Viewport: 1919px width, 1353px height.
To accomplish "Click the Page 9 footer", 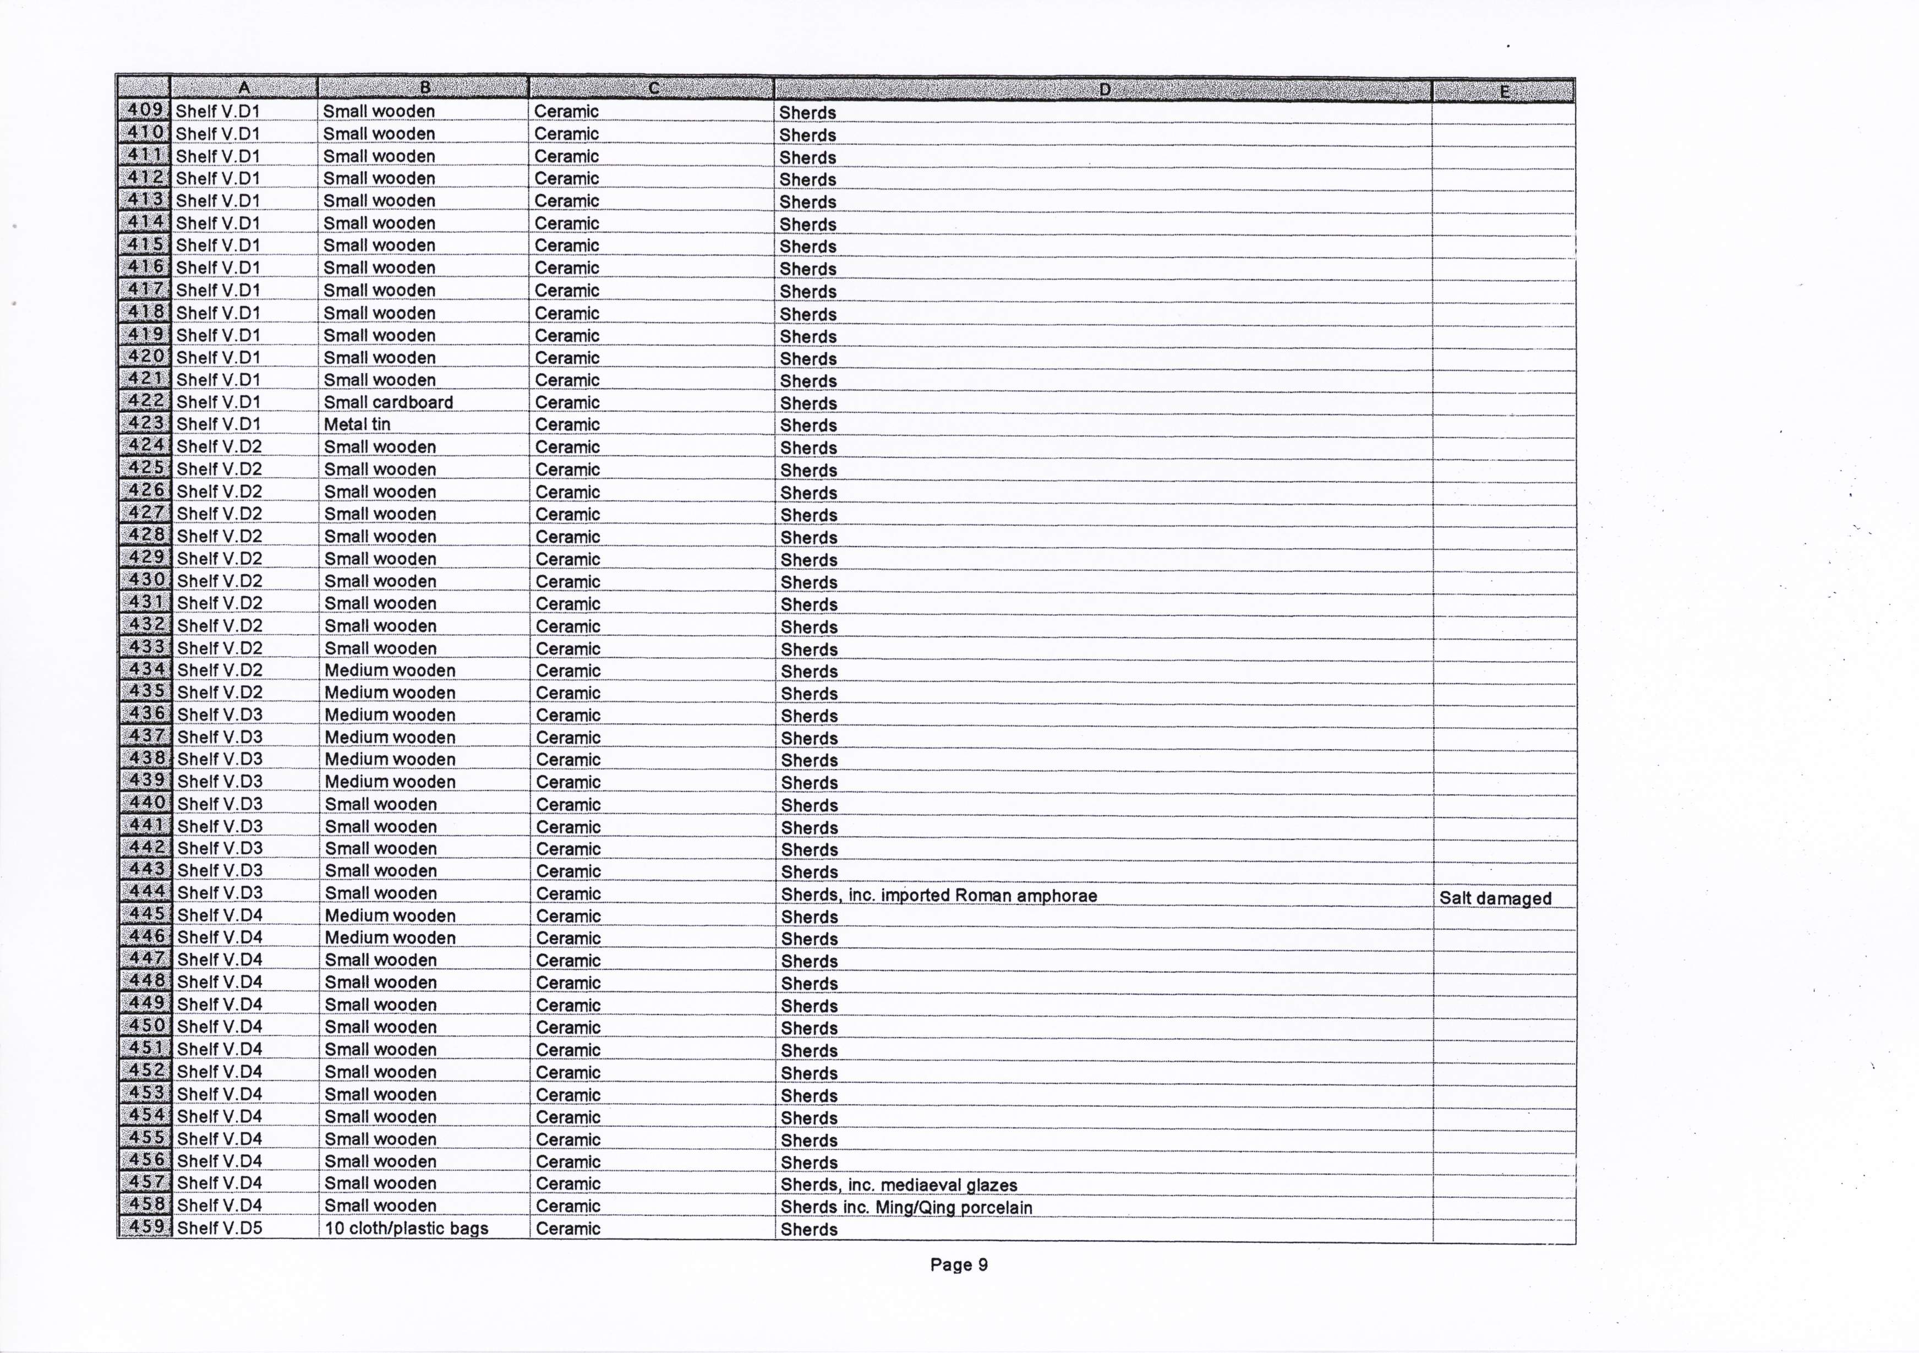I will point(959,1264).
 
